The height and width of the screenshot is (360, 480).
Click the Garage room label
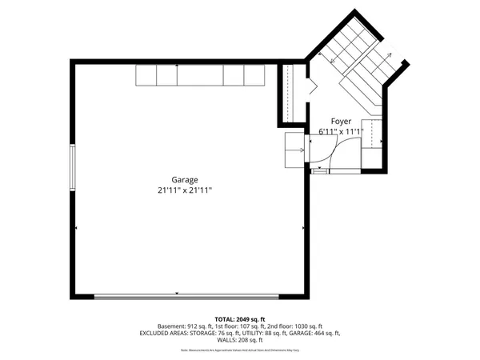pyautogui.click(x=184, y=180)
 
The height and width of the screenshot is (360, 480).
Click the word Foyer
pyautogui.click(x=341, y=122)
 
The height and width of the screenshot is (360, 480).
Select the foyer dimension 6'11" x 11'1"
pyautogui.click(x=341, y=132)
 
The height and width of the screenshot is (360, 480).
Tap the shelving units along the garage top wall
pyautogui.click(x=199, y=75)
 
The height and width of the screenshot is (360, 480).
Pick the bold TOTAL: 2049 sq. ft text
pyautogui.click(x=240, y=319)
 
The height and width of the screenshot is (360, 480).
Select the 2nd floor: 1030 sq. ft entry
pyautogui.click(x=295, y=326)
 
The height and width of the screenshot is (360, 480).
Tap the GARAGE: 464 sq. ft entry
pyautogui.click(x=315, y=333)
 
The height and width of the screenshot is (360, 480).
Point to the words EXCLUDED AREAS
pyautogui.click(x=164, y=333)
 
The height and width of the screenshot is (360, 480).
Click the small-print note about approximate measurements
pyautogui.click(x=240, y=350)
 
